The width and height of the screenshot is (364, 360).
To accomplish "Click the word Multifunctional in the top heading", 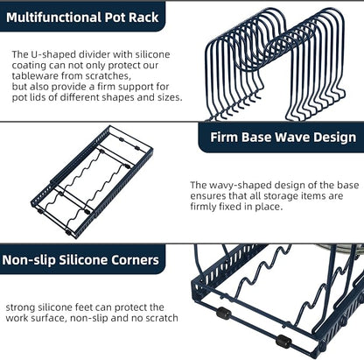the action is tap(54, 18).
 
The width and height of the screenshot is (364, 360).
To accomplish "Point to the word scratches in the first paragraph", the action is tap(108, 76).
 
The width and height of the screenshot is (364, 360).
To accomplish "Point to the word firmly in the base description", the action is tap(203, 207).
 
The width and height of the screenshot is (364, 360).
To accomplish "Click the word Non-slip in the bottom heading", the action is tap(29, 260).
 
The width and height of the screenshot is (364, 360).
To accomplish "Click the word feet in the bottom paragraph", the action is tap(84, 307).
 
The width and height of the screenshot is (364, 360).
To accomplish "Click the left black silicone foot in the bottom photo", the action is tap(224, 314).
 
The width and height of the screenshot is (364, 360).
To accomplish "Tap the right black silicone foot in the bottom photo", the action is tap(283, 342).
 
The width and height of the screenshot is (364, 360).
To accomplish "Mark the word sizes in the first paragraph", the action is tap(168, 97).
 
